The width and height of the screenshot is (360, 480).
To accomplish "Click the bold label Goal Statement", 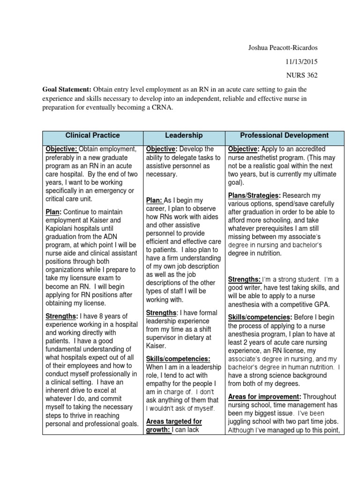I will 67,89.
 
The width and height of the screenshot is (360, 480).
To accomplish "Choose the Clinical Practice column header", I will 92,135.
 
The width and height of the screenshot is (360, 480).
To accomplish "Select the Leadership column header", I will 184,135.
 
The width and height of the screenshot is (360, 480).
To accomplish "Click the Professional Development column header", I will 284,135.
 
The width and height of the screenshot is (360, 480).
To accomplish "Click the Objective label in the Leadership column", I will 160,149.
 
